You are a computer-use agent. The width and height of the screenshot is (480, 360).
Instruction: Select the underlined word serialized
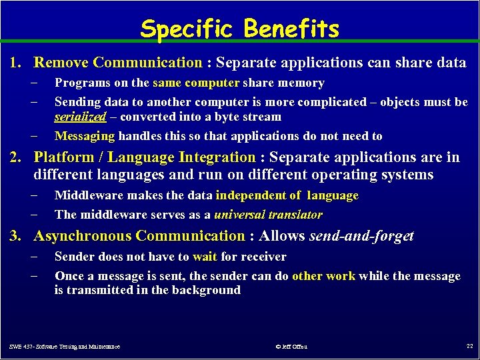tap(80, 117)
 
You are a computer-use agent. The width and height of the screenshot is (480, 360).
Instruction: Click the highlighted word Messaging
tap(85, 136)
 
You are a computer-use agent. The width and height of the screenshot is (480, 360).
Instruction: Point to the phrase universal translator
tap(268, 215)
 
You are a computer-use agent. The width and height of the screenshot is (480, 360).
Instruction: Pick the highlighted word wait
tap(205, 257)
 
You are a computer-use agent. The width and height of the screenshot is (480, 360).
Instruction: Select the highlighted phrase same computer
tap(195, 83)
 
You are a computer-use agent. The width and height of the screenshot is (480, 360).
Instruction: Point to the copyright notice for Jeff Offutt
tap(291, 347)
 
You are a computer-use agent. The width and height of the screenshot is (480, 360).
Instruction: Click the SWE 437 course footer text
tap(65, 347)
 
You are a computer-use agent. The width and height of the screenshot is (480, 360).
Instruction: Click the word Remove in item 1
tap(61, 63)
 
